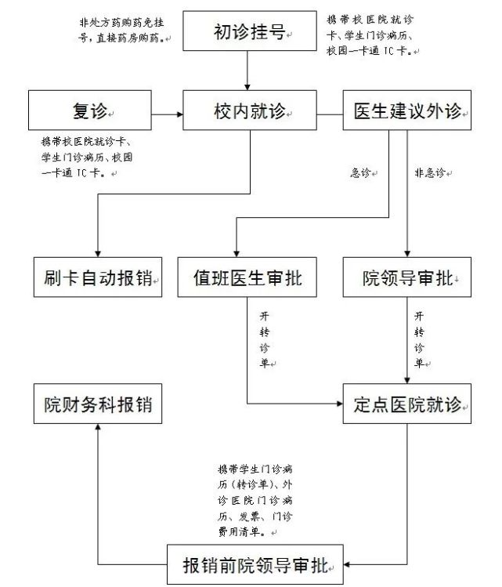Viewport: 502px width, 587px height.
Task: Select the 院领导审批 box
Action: [407, 277]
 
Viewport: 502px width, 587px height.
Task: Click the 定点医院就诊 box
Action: [407, 405]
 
